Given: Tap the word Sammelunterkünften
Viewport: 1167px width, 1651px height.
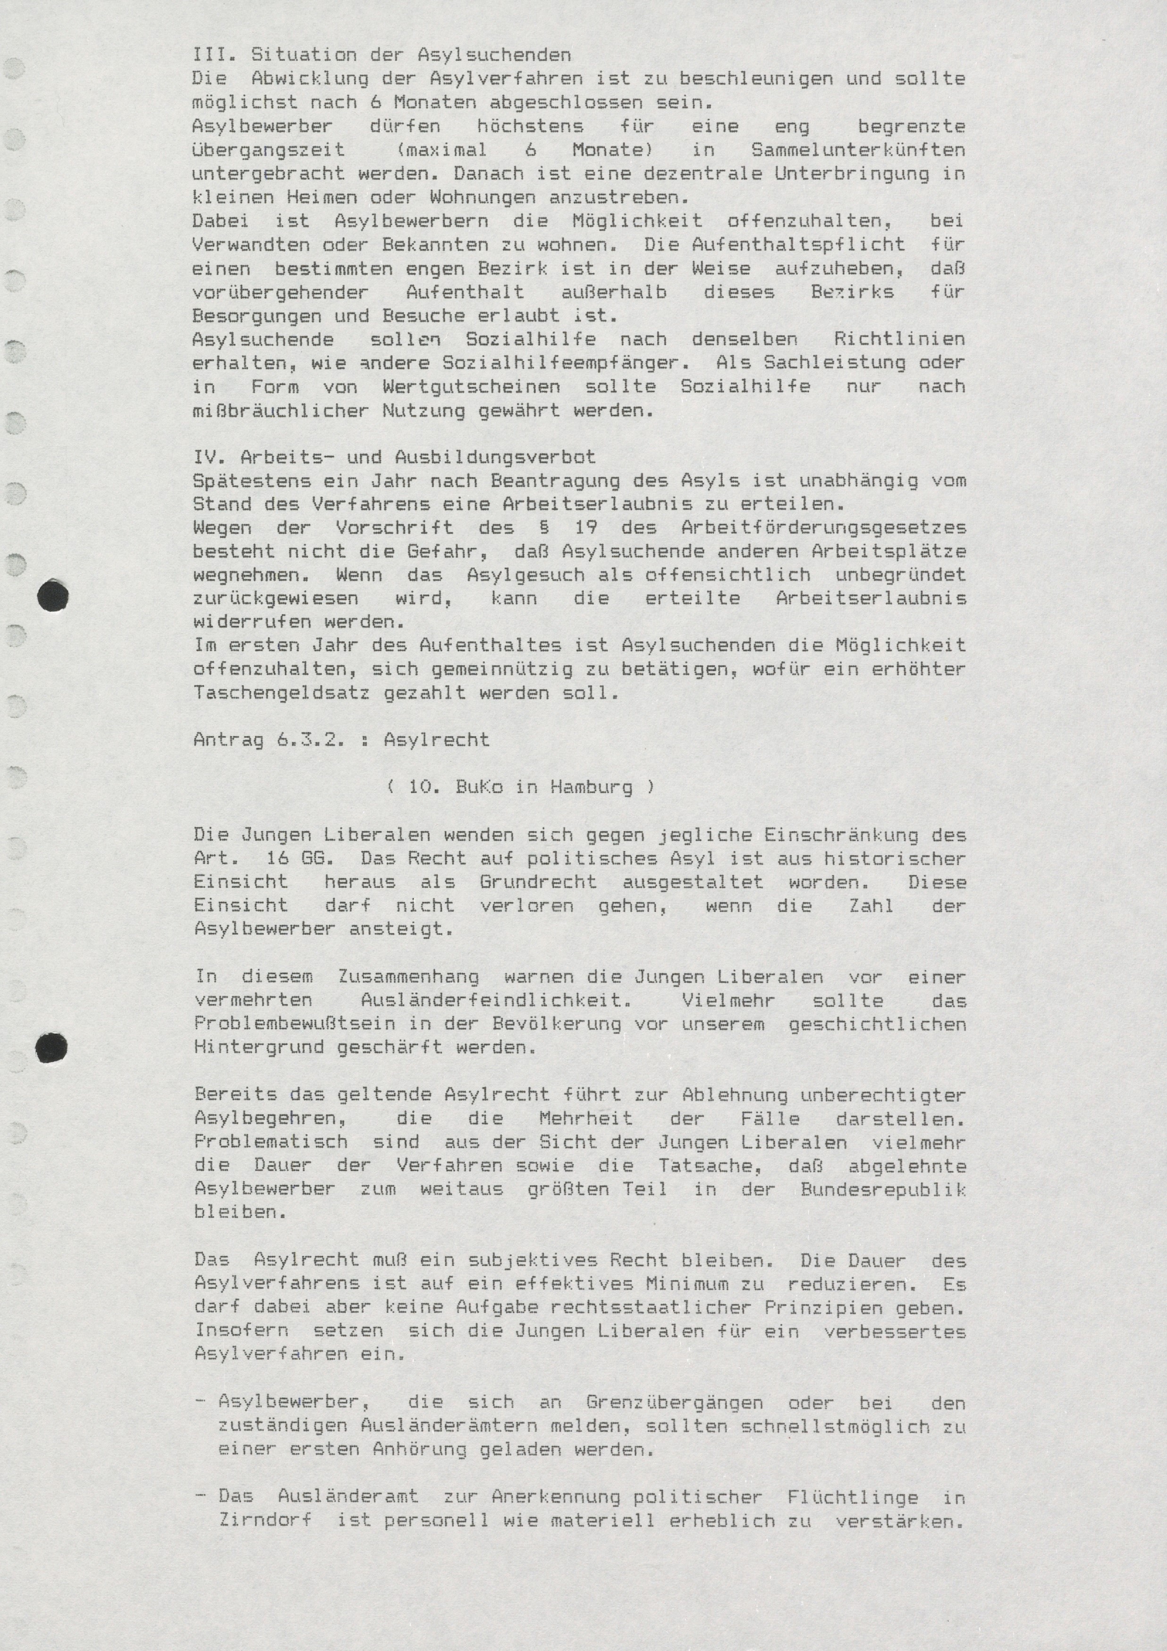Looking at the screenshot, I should point(858,150).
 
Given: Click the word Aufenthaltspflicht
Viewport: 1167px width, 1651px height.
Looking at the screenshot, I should point(798,245).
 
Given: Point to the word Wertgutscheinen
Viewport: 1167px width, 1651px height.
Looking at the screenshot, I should point(471,387).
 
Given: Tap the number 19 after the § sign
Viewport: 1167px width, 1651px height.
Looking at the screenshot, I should point(585,528).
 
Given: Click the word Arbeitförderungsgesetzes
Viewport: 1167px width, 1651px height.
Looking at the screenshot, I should point(823,528).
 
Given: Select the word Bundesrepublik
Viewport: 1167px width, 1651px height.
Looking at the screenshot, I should point(883,1189).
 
